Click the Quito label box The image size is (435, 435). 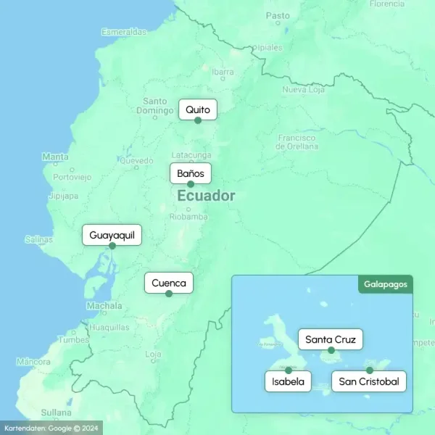[x=197, y=110]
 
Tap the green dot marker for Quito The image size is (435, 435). [x=198, y=120]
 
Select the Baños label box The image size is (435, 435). [x=191, y=174]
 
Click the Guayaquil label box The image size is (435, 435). [x=112, y=236]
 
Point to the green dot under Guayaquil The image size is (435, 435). [x=112, y=246]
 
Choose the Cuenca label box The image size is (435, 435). [x=169, y=283]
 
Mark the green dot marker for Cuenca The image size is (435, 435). [x=169, y=294]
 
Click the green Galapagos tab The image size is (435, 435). [x=385, y=284]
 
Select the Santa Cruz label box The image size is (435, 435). [x=331, y=339]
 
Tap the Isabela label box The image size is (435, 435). [x=289, y=381]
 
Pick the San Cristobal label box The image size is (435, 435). [x=369, y=381]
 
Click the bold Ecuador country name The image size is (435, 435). [x=206, y=196]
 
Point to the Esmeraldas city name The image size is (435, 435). [x=124, y=32]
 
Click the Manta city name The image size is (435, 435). [x=56, y=157]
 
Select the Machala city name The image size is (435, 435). [x=104, y=306]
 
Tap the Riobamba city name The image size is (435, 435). [x=188, y=217]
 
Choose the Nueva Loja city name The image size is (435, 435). [x=302, y=90]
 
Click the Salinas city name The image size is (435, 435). [x=38, y=239]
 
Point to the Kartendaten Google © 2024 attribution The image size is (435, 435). [x=51, y=428]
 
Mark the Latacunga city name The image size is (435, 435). [x=191, y=155]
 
